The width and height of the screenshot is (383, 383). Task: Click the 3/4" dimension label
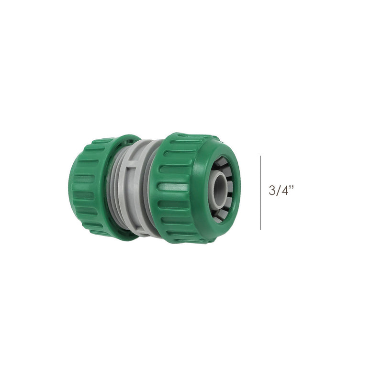click(281, 190)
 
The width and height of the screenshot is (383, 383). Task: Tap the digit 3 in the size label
click(272, 190)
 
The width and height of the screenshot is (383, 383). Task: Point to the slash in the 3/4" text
click(278, 190)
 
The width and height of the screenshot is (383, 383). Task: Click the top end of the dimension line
click(260, 156)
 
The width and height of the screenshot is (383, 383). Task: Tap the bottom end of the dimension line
click(260, 229)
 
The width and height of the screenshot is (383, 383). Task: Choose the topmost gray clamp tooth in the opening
click(221, 162)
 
